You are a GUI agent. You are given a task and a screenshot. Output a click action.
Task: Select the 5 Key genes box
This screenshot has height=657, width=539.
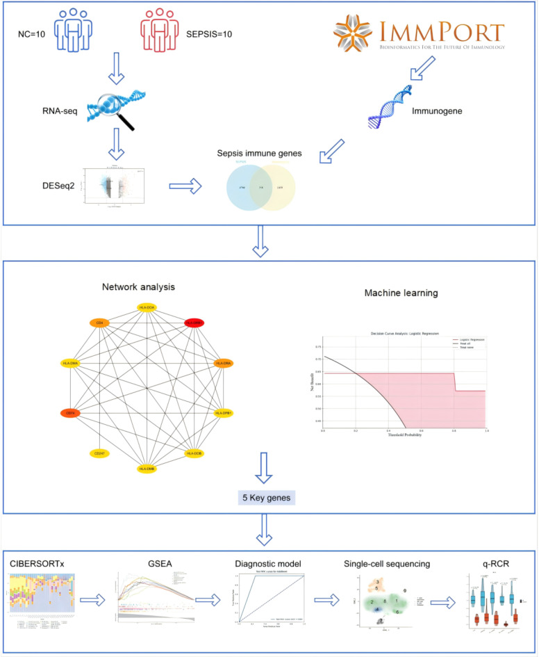(x=266, y=516)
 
